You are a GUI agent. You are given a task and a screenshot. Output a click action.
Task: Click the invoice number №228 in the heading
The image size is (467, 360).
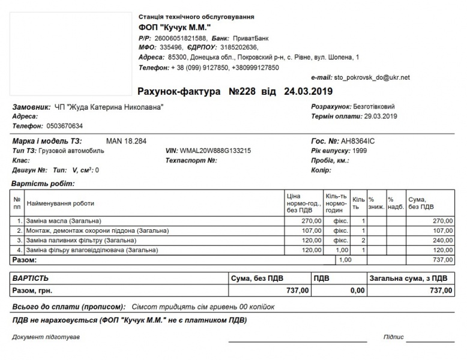pos(243,92)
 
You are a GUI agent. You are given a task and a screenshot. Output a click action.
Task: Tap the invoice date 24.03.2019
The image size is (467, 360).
pos(308,92)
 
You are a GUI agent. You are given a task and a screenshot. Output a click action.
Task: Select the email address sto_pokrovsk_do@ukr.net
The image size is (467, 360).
pos(372,77)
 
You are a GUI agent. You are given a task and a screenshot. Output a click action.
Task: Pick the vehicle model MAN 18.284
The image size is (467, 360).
pos(126,141)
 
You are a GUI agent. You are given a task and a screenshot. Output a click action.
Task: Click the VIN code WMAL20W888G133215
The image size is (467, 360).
pos(215,151)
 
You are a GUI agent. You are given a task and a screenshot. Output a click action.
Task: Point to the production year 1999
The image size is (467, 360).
pos(360,151)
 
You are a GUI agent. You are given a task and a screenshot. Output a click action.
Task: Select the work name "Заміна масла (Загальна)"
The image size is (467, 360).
pos(64,221)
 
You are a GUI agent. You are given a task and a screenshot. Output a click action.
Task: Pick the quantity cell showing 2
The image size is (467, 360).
pos(363,240)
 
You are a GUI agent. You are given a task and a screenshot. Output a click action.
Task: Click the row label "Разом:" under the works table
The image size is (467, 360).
pos(25,260)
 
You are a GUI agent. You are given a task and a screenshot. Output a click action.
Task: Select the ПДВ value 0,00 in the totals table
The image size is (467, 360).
pos(357,290)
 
